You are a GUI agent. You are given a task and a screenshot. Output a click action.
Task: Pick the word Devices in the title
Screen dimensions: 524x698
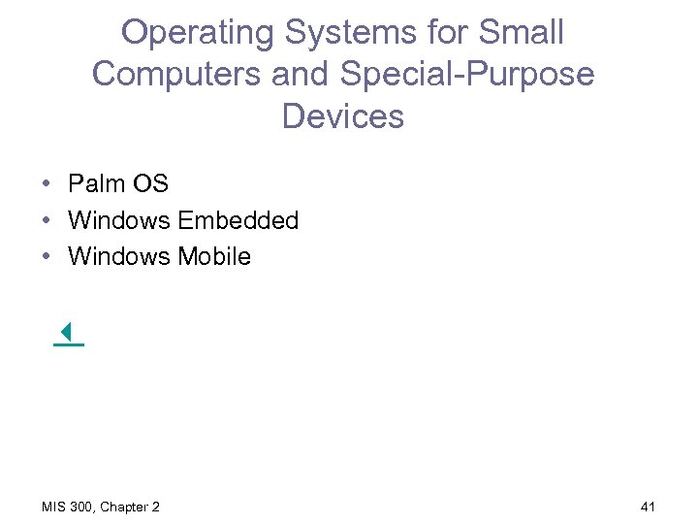pos(342,116)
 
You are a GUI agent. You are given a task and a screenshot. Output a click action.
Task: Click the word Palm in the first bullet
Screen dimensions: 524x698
pos(95,183)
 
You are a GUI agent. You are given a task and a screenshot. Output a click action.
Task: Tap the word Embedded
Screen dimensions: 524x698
pos(238,220)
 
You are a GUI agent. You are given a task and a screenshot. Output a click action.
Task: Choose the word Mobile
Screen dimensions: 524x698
pos(214,256)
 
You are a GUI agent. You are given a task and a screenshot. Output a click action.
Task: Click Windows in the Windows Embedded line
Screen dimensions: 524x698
pos(119,220)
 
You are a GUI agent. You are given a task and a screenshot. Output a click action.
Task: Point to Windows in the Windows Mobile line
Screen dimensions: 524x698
pos(119,256)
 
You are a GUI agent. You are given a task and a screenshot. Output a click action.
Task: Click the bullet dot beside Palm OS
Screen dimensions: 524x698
pos(47,183)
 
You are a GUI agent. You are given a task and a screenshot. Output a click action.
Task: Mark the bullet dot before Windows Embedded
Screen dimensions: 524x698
pos(47,220)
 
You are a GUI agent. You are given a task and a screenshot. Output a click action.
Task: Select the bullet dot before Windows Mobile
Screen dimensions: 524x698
pos(47,256)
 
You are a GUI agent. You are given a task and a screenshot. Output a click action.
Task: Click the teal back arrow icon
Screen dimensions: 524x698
pos(67,334)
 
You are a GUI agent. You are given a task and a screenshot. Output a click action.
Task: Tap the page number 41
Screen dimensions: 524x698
pos(649,507)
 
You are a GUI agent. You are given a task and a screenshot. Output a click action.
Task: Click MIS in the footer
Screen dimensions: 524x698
pos(53,507)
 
